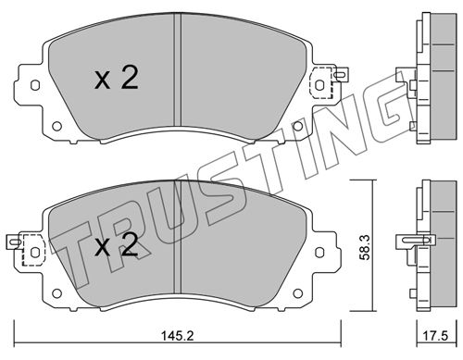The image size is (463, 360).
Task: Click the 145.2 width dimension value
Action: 178,336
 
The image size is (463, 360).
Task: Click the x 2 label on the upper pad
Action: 116,79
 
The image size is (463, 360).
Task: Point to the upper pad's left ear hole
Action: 35,85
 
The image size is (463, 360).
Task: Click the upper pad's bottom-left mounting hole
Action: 56,126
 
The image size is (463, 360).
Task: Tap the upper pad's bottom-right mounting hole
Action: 297,126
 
